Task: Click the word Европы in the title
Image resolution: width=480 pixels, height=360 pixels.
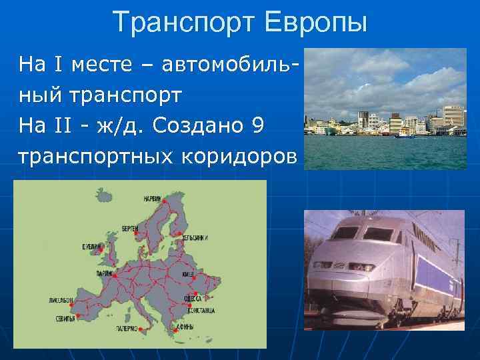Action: tap(316, 21)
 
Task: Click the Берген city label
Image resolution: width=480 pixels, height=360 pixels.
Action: tap(130, 228)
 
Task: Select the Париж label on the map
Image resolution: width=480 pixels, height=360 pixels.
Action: tap(103, 273)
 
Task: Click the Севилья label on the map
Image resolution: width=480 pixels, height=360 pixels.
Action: tap(65, 319)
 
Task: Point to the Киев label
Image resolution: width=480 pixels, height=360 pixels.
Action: tap(187, 274)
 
